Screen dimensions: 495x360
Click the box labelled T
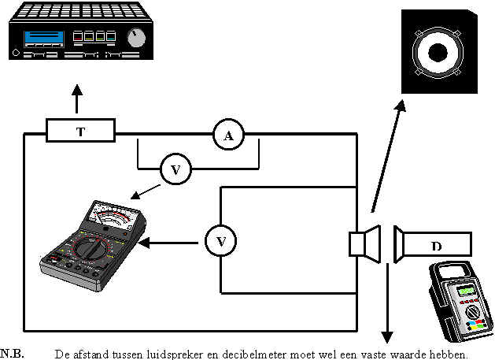tap(80, 130)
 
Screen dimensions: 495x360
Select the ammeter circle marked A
tap(228, 135)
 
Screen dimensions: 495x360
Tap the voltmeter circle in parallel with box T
tap(175, 169)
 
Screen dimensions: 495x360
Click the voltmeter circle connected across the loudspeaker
tap(220, 241)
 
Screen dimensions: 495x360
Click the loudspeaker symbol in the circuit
tap(364, 244)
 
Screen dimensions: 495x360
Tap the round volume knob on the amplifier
tap(136, 38)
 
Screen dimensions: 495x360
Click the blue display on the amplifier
tap(44, 39)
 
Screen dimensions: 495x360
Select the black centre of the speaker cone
tap(438, 53)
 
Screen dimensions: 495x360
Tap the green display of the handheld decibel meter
tap(466, 290)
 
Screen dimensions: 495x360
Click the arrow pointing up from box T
tap(76, 98)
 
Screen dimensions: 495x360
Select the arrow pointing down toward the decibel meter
tap(387, 303)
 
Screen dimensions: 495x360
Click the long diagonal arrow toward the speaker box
tap(388, 156)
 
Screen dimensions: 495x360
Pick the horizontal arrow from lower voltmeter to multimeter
tap(168, 243)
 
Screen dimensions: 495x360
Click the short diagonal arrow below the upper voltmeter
tap(146, 192)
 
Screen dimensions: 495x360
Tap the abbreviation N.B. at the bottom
tap(13, 354)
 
